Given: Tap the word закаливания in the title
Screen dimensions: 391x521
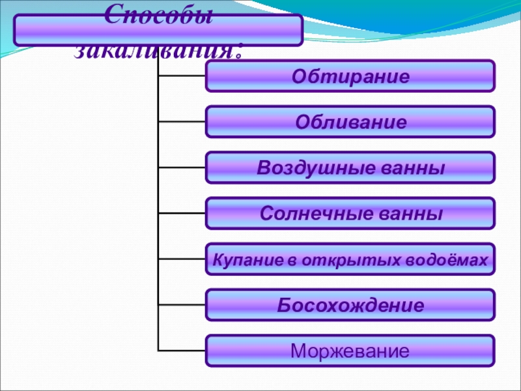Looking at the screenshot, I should pyautogui.click(x=160, y=50).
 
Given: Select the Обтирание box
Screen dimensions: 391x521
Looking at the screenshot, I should pyautogui.click(x=350, y=76).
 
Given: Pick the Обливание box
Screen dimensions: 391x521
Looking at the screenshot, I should pyautogui.click(x=350, y=122).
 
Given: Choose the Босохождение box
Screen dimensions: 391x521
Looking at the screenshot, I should pyautogui.click(x=350, y=305).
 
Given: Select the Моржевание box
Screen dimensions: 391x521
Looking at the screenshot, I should pyautogui.click(x=350, y=351).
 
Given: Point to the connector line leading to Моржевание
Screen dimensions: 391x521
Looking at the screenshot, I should pyautogui.click(x=182, y=350).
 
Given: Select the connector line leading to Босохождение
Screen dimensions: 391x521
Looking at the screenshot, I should pyautogui.click(x=182, y=304).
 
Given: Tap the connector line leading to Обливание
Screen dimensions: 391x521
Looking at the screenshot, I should pyautogui.click(x=182, y=121).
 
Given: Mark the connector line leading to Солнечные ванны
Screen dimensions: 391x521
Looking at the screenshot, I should pyautogui.click(x=182, y=212).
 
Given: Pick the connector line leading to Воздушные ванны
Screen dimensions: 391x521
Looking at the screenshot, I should pyautogui.click(x=182, y=167).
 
